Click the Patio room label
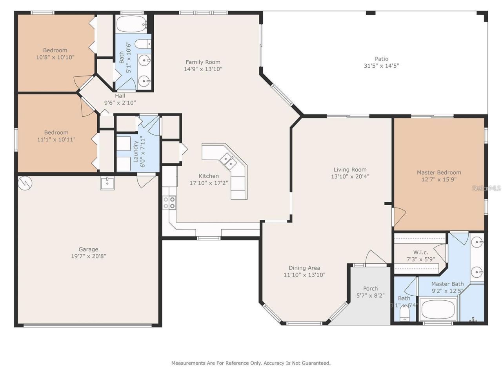click(x=381, y=59)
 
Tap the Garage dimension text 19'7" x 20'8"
click(x=88, y=257)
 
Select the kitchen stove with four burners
click(x=169, y=202)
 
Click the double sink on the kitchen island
click(x=228, y=160)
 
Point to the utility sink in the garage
click(x=107, y=183)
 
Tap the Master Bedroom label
click(x=438, y=172)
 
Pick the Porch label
click(x=370, y=289)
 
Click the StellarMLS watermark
click(x=486, y=188)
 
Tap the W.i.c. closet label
click(x=420, y=252)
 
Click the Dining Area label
click(x=304, y=268)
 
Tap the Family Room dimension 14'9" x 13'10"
click(x=203, y=69)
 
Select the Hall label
click(x=120, y=96)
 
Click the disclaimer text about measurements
click(x=251, y=363)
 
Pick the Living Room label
click(x=350, y=170)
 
